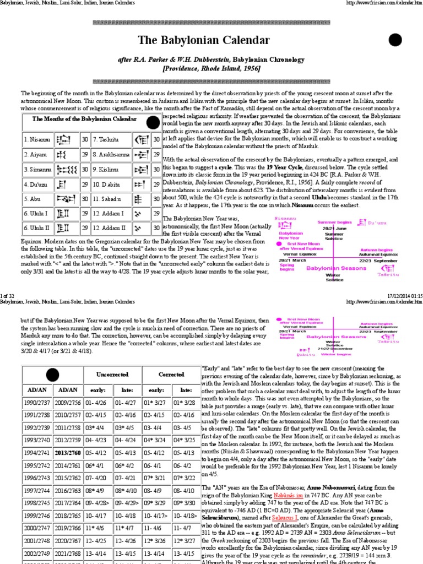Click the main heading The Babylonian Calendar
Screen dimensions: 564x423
pos(211,40)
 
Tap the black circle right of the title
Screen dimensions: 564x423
pos(395,40)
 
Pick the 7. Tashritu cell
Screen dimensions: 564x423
pos(106,140)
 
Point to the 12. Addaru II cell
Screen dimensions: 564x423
pos(110,227)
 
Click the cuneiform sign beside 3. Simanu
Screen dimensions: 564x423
pos(68,169)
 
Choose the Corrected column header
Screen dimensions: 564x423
pos(171,374)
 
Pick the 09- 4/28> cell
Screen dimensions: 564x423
pos(96,519)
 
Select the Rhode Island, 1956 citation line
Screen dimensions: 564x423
pos(211,68)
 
